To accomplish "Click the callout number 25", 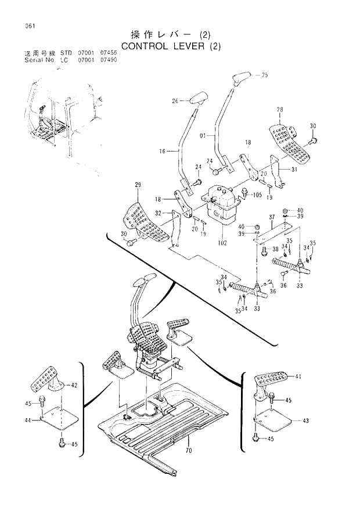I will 265,75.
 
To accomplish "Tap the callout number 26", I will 175,100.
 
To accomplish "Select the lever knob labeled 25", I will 241,78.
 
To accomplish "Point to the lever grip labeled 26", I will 198,97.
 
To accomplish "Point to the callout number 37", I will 271,217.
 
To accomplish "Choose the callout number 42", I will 74,384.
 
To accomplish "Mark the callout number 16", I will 163,151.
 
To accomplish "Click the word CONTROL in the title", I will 145,45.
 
